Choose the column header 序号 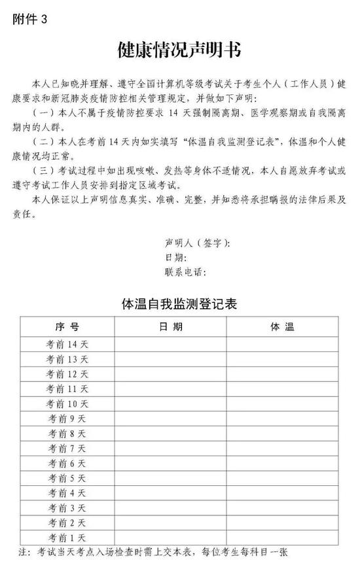click(67, 326)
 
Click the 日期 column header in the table click(171, 326)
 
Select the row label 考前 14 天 click(67, 344)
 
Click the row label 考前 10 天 click(67, 404)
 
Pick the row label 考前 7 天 click(67, 448)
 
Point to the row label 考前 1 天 click(67, 537)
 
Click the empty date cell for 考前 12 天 click(171, 373)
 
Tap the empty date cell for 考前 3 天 click(171, 508)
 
